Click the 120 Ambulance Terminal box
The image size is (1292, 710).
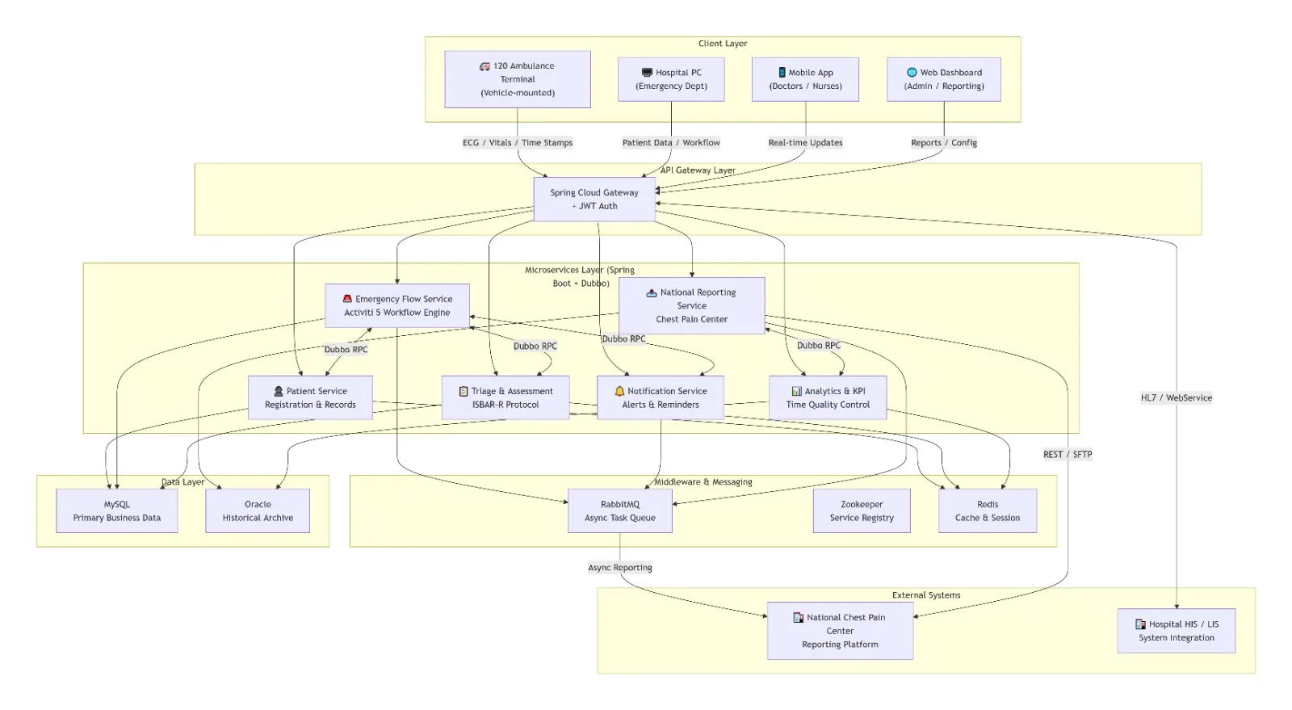(518, 79)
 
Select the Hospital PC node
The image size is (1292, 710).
(671, 79)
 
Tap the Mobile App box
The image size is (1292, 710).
(805, 79)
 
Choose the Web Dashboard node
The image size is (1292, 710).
(944, 79)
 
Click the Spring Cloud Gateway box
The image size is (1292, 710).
(594, 199)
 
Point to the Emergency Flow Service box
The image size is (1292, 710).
(397, 305)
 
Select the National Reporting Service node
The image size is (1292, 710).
(691, 305)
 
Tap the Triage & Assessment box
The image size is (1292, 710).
(505, 397)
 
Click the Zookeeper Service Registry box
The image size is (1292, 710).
(862, 511)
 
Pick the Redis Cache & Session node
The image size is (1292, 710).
(988, 511)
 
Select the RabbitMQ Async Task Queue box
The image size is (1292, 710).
(620, 511)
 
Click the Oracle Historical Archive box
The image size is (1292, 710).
(258, 511)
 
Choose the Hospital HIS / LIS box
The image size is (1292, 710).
(1177, 631)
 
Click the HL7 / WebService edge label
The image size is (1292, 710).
(1177, 397)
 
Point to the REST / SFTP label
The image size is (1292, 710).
(1068, 455)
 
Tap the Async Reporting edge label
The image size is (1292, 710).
(620, 568)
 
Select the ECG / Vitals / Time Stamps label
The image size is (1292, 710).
(518, 142)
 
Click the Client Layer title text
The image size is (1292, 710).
(723, 44)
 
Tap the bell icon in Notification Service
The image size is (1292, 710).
(619, 391)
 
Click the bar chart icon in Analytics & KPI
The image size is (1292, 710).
(796, 391)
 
